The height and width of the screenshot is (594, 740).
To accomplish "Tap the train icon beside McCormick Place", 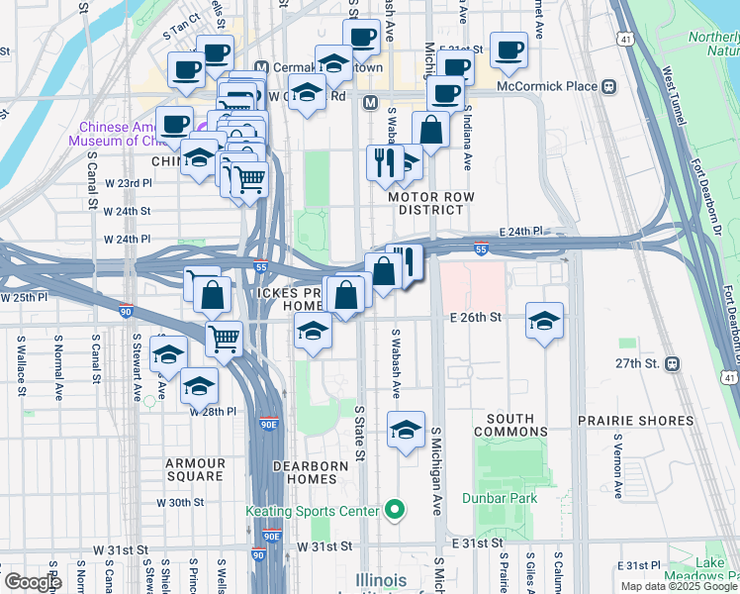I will (609, 86).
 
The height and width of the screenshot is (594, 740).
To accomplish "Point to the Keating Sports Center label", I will (313, 511).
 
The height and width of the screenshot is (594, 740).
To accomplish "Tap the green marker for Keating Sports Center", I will (395, 511).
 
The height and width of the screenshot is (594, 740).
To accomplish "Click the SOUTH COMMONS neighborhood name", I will (510, 425).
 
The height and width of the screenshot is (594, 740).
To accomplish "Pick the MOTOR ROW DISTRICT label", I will (431, 204).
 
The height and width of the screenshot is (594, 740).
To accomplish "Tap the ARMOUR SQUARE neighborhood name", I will (195, 469).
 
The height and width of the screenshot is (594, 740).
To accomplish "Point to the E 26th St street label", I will (477, 318).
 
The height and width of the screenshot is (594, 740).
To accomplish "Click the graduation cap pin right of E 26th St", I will (544, 321).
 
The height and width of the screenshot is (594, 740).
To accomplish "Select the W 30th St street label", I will (180, 502).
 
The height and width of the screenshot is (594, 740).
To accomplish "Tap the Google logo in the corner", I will (32, 582).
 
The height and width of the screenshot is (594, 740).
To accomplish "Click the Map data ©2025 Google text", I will (678, 586).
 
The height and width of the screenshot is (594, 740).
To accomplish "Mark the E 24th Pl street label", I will (522, 231).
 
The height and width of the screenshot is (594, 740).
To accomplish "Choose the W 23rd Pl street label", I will (128, 183).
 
